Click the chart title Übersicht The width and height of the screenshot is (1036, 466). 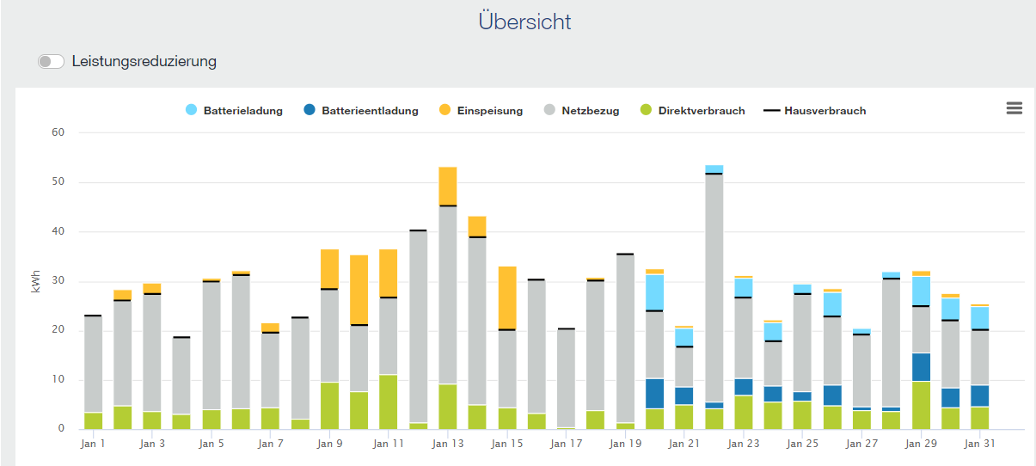click(x=524, y=21)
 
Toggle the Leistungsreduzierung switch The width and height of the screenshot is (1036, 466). click(x=52, y=62)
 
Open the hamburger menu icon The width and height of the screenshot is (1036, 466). click(x=1014, y=107)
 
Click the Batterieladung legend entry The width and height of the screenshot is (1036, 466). click(x=234, y=111)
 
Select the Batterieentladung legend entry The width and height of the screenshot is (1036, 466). click(x=361, y=111)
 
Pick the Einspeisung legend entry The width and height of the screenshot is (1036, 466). click(x=481, y=111)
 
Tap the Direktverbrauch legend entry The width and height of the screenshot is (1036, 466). click(x=692, y=111)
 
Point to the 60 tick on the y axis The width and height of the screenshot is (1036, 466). click(x=58, y=132)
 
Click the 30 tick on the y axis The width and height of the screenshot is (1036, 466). click(x=58, y=281)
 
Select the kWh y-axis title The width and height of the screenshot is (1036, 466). click(x=36, y=281)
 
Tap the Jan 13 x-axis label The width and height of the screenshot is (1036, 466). click(x=447, y=444)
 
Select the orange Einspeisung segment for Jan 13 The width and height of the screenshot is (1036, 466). click(x=447, y=186)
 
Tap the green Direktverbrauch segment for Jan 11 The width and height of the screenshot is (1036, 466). click(x=389, y=402)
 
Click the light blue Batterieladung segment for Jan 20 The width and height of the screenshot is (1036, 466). click(x=654, y=292)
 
